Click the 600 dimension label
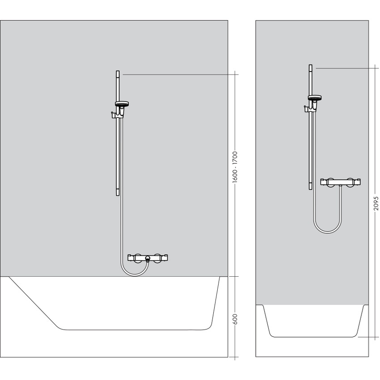[x=235, y=319]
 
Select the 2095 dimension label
[x=376, y=204]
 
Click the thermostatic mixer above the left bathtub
[x=148, y=258]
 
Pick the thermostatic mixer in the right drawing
[x=341, y=182]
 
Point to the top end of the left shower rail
[x=117, y=72]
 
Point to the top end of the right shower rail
[x=310, y=67]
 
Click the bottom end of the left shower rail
[x=117, y=193]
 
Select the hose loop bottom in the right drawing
[x=327, y=232]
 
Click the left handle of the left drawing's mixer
[x=132, y=258]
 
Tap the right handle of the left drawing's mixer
[x=163, y=258]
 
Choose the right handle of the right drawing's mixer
[x=356, y=182]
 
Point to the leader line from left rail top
[x=179, y=74]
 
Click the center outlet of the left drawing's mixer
[x=148, y=259]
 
